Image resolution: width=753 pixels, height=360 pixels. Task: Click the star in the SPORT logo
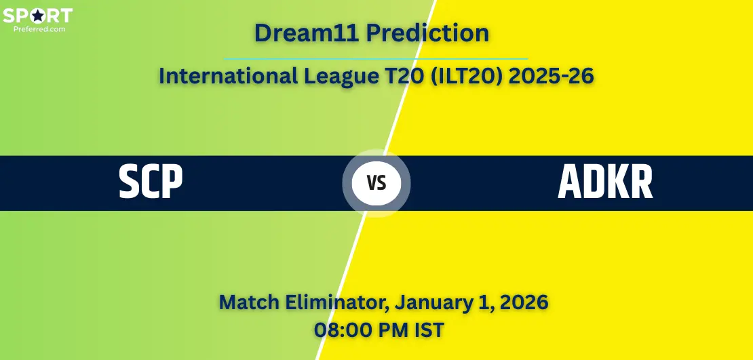click(37, 16)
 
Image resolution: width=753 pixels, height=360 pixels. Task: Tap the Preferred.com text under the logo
click(39, 28)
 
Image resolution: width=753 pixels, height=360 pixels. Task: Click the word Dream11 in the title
click(307, 33)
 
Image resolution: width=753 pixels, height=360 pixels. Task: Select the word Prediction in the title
click(428, 33)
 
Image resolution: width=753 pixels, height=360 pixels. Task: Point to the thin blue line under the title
click(376, 59)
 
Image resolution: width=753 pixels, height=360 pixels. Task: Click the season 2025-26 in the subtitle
click(551, 77)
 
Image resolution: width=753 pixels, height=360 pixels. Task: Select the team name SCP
click(151, 182)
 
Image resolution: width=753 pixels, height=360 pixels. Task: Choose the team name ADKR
click(605, 182)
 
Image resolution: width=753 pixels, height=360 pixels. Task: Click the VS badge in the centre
click(376, 183)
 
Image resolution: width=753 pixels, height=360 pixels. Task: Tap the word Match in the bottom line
click(249, 303)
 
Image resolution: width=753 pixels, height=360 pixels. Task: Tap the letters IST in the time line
click(426, 330)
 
